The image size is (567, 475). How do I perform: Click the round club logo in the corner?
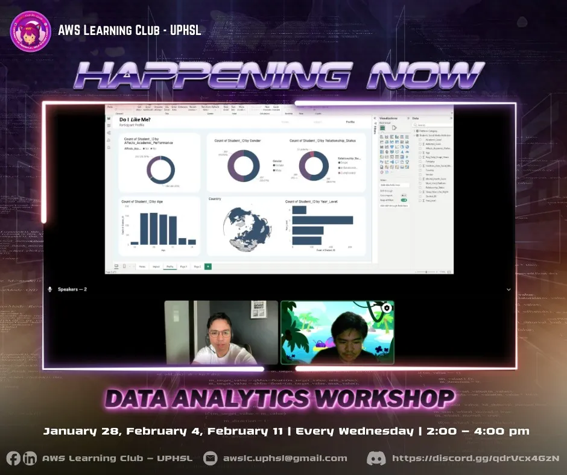tap(30, 31)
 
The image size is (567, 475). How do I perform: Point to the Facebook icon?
tap(13, 458)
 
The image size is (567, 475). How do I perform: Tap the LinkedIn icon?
tap(30, 458)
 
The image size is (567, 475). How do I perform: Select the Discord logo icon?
tap(376, 458)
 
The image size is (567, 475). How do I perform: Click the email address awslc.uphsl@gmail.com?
tap(285, 458)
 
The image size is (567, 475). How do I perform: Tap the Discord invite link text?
tap(475, 458)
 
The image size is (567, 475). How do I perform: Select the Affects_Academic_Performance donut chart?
tap(160, 169)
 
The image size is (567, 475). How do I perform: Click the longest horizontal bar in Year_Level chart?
tap(322, 220)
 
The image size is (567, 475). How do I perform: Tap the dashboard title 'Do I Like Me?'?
tap(135, 120)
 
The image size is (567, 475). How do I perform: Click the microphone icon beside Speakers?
tap(50, 289)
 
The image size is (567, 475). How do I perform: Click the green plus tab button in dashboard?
tap(208, 266)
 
